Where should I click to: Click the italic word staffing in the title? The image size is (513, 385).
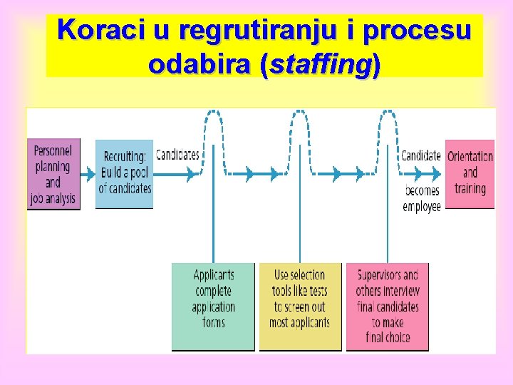(x=321, y=65)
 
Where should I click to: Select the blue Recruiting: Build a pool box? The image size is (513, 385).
(x=125, y=173)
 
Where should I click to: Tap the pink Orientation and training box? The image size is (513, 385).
(x=470, y=173)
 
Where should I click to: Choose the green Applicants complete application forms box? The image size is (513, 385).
(x=213, y=307)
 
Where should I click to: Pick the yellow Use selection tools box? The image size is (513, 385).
(x=300, y=307)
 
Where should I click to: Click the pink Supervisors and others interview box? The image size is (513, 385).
(x=388, y=307)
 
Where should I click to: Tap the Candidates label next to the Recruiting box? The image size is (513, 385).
(x=177, y=155)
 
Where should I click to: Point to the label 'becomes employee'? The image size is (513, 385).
(x=422, y=199)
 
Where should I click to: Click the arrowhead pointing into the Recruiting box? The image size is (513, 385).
(x=91, y=173)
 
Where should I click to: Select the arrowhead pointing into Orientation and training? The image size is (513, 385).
(x=440, y=173)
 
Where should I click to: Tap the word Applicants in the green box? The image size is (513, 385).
(x=213, y=274)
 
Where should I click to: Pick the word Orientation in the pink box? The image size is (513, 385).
(x=470, y=157)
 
